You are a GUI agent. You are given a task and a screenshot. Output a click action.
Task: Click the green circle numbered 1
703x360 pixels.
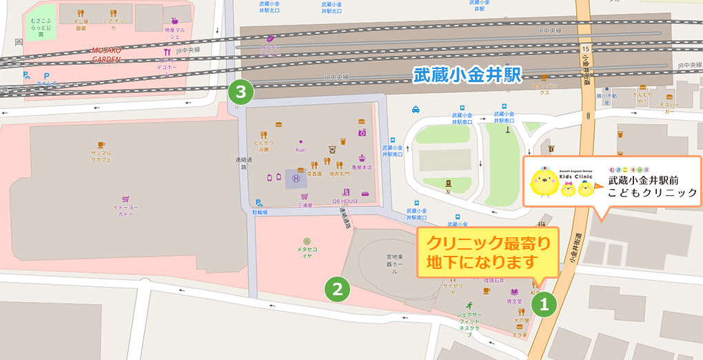[x=543, y=304]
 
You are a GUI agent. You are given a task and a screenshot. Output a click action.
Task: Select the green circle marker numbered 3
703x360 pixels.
[x=241, y=91]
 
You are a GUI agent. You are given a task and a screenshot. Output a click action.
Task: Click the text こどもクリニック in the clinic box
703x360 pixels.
[x=652, y=193]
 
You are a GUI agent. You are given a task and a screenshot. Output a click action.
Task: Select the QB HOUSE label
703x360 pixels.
[x=345, y=201]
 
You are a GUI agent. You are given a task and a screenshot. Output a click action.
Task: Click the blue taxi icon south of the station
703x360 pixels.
[x=416, y=109]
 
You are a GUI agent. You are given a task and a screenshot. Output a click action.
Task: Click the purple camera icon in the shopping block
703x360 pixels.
[x=362, y=132]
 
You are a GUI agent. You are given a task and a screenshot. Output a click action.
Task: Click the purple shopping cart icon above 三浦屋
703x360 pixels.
[x=303, y=196]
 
